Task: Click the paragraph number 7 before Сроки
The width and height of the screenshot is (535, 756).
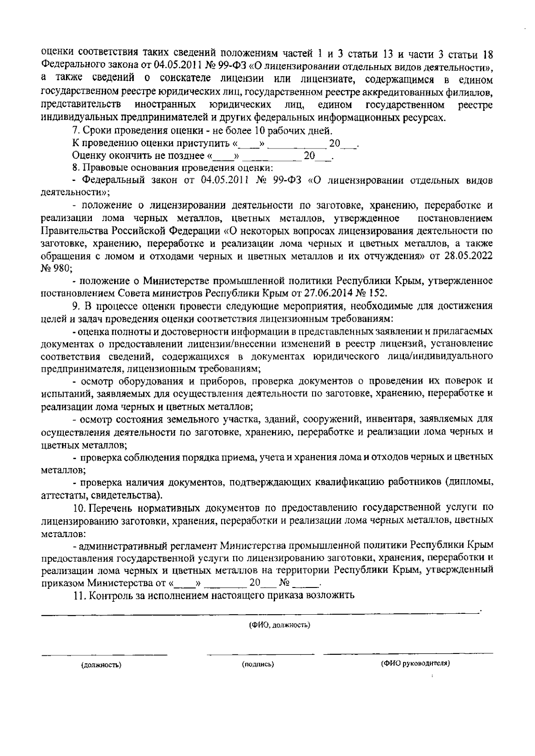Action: click(74, 131)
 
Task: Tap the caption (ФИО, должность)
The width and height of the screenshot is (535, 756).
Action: click(280, 625)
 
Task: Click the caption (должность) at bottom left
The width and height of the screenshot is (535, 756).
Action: click(101, 665)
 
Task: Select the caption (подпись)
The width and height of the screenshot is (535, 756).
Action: click(258, 665)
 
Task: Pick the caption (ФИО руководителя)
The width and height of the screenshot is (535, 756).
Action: click(415, 664)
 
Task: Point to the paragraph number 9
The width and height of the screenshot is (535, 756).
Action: click(74, 306)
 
